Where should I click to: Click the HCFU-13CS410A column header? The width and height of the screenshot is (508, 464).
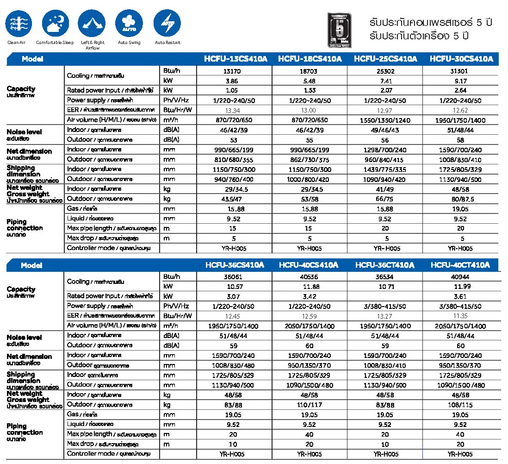click(x=234, y=59)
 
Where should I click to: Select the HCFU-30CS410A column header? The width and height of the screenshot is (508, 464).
click(x=461, y=59)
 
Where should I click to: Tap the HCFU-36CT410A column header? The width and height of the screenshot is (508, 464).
click(x=385, y=265)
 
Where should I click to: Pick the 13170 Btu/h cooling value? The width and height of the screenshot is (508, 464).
click(x=234, y=71)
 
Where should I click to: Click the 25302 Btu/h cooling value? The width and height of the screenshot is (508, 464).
click(x=385, y=71)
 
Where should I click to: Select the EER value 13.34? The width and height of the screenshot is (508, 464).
click(x=234, y=111)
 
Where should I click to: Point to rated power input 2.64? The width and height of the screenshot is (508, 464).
click(x=461, y=91)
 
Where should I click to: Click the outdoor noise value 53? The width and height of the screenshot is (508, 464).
click(x=234, y=140)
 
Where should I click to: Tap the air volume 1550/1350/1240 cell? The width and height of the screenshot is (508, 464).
click(x=385, y=120)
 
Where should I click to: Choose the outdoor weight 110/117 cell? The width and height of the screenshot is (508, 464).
click(x=309, y=405)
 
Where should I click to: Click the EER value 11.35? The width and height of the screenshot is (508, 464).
click(x=461, y=316)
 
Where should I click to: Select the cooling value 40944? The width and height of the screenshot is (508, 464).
click(x=461, y=276)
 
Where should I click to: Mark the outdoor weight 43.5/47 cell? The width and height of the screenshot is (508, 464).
click(x=234, y=199)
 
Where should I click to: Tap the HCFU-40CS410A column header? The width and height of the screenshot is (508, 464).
click(x=309, y=265)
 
